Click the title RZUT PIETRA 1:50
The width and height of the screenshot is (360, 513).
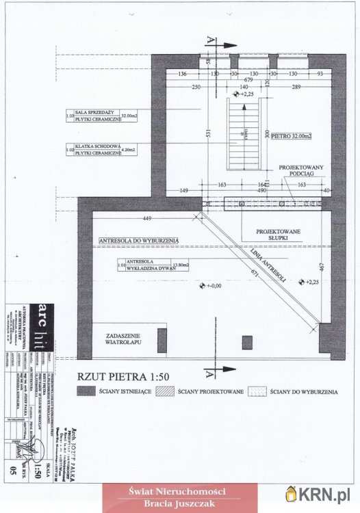123,375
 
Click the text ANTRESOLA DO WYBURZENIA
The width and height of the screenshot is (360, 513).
139,241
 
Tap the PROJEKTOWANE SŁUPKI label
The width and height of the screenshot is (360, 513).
279,237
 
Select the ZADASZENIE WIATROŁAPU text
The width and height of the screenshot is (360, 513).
123,340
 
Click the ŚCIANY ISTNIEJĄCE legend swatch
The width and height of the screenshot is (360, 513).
86,391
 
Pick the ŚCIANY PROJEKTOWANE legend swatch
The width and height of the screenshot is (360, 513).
165,391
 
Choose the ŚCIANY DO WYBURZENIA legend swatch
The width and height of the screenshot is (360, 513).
258,391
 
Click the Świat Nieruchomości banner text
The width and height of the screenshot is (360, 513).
180,490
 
